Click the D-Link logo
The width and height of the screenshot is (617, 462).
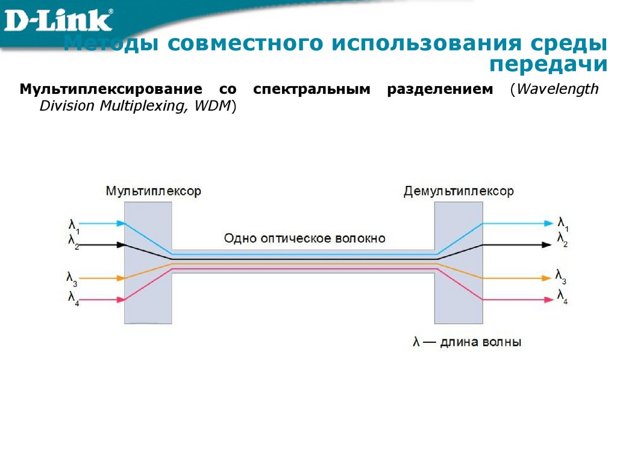point(59,19)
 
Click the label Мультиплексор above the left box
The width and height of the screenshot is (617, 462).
point(153,191)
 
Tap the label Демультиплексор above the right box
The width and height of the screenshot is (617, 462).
point(459,191)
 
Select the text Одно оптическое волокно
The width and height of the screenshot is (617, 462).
point(304,238)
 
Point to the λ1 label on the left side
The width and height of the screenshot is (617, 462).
point(74,227)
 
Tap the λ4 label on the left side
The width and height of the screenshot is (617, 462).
point(73,297)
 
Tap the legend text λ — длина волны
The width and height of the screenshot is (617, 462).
point(467,342)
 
